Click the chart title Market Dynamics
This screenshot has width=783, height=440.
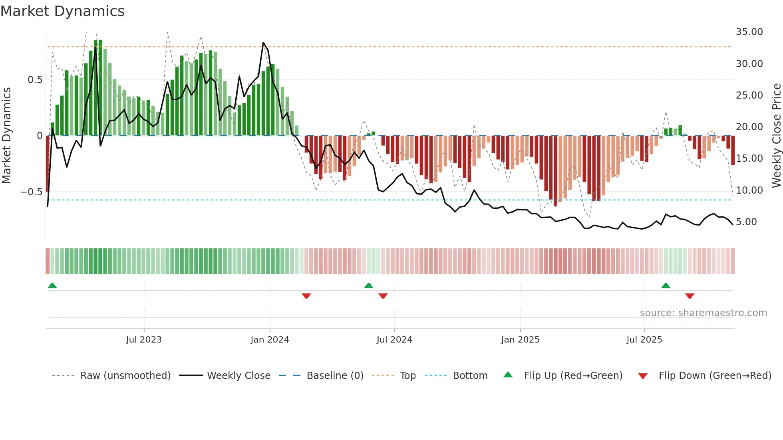click(x=62, y=11)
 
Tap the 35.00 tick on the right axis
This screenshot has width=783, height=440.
click(x=749, y=32)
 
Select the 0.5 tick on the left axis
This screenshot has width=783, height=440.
click(x=35, y=80)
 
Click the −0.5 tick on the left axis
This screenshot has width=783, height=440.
click(x=31, y=192)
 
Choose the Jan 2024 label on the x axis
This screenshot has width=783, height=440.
click(x=270, y=340)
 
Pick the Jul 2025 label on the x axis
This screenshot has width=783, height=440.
click(x=644, y=340)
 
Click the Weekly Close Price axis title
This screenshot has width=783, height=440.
click(x=776, y=135)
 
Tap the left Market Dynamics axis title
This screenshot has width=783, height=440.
click(x=6, y=135)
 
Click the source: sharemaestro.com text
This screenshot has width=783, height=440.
click(x=703, y=313)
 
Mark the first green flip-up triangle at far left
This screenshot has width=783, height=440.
click(x=52, y=285)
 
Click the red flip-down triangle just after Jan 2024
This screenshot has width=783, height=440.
click(x=306, y=296)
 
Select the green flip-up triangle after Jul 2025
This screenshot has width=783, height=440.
click(x=666, y=285)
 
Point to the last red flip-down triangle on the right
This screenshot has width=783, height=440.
click(x=690, y=296)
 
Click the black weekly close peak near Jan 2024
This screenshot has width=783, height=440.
click(x=263, y=43)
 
